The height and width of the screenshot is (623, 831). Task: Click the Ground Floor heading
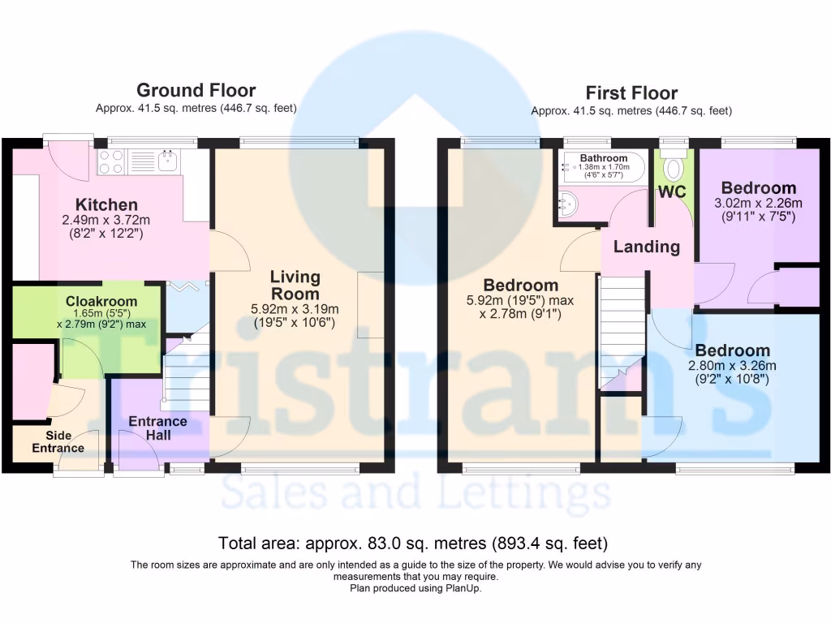coord(196,90)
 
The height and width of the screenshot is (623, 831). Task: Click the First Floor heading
coord(631,92)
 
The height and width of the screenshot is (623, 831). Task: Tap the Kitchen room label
coord(106,204)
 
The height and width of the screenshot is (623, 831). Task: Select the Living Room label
coord(295,286)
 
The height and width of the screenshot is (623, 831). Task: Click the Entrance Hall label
coord(157,428)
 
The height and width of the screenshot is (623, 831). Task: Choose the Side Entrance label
coord(58,442)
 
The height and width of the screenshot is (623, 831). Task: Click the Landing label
coord(646,247)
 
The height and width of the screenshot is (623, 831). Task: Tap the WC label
coord(672,193)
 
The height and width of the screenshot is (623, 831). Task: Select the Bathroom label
coord(603,158)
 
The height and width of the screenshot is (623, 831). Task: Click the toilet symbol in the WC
coord(673,167)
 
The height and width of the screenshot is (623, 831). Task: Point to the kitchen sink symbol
coord(167,162)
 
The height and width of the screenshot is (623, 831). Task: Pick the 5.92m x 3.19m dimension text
coord(295,308)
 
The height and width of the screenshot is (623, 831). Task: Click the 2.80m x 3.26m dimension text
coord(732,365)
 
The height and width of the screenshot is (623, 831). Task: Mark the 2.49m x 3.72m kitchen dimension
coord(106,220)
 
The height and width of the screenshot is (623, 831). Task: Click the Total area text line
coord(413,543)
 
